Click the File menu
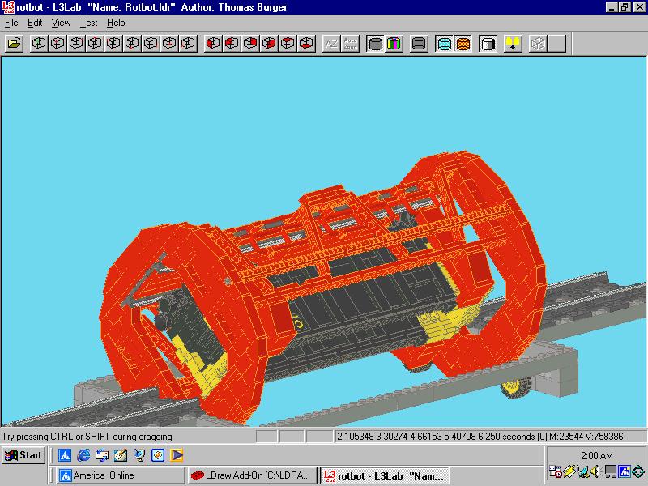11,23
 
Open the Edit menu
35,23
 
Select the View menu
61,23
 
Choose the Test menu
89,23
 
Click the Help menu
116,23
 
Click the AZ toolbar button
331,44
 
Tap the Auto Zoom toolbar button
350,44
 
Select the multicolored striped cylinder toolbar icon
394,44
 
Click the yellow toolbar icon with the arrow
513,44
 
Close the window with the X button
639,6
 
